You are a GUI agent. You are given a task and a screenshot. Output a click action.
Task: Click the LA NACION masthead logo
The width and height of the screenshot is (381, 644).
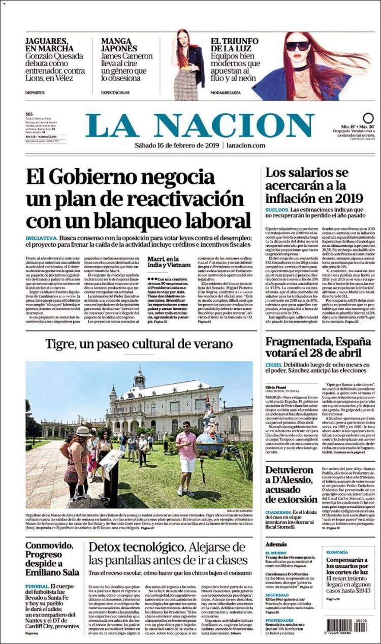(199, 125)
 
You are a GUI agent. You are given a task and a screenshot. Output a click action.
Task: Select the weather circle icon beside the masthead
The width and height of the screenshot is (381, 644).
(368, 118)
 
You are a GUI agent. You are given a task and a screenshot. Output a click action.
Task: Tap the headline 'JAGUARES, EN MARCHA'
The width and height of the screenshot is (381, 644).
(47, 45)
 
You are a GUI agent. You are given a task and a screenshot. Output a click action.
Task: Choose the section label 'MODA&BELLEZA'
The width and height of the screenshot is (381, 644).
(225, 93)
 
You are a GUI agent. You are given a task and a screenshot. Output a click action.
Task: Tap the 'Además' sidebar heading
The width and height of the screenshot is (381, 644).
(276, 543)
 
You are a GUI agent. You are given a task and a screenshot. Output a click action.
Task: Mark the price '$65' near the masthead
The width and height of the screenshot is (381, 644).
(29, 114)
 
